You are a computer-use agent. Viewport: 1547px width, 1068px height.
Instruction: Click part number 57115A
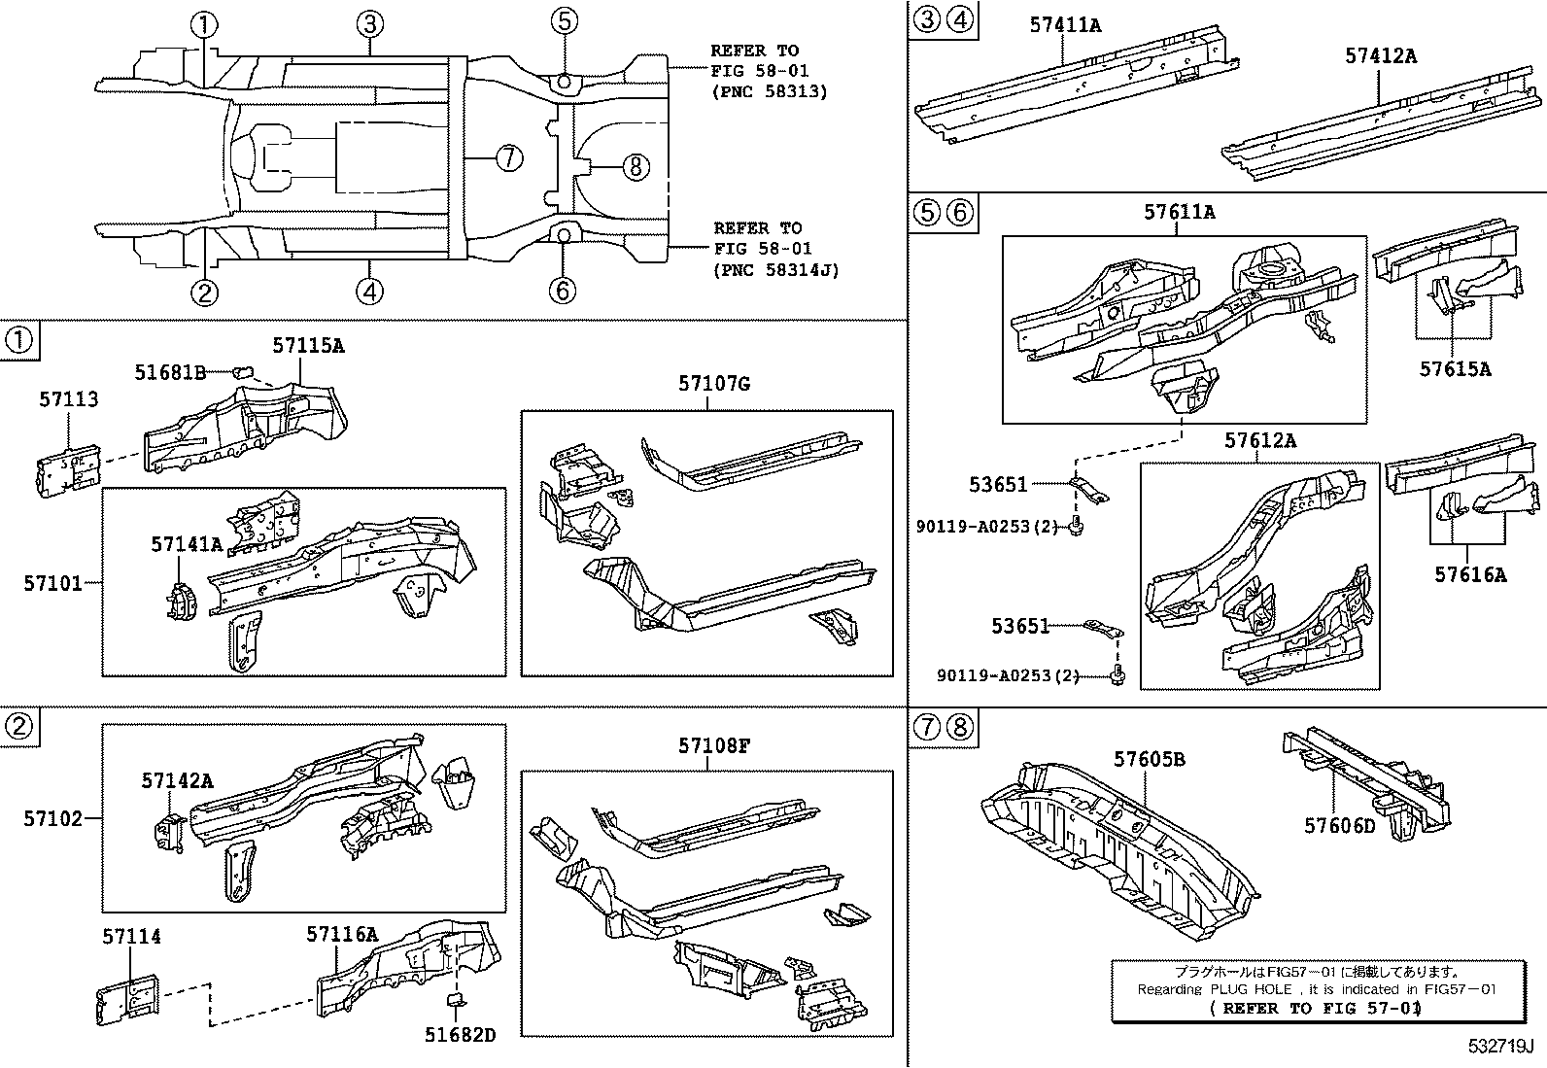click(308, 345)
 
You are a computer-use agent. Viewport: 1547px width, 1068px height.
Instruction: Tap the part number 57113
click(68, 399)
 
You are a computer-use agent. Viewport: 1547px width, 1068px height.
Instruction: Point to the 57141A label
click(187, 544)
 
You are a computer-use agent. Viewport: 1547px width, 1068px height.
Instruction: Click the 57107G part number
click(713, 384)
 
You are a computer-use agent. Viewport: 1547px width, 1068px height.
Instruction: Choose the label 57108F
click(714, 745)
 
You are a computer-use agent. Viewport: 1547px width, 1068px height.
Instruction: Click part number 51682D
click(460, 1035)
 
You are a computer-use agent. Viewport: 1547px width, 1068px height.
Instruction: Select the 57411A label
click(1065, 25)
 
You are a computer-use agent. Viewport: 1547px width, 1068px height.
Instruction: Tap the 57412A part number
click(1380, 55)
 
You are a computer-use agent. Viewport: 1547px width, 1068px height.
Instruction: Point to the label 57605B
click(1149, 759)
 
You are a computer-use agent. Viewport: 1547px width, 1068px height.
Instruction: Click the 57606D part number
click(1339, 825)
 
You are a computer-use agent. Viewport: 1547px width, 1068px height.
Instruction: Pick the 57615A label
click(1455, 368)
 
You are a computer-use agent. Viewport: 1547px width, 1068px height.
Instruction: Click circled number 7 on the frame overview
click(509, 157)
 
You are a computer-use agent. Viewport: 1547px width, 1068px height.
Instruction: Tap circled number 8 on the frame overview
click(635, 167)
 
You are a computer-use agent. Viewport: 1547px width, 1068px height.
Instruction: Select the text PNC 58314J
click(774, 270)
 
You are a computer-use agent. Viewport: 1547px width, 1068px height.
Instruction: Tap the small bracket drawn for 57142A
click(169, 832)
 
